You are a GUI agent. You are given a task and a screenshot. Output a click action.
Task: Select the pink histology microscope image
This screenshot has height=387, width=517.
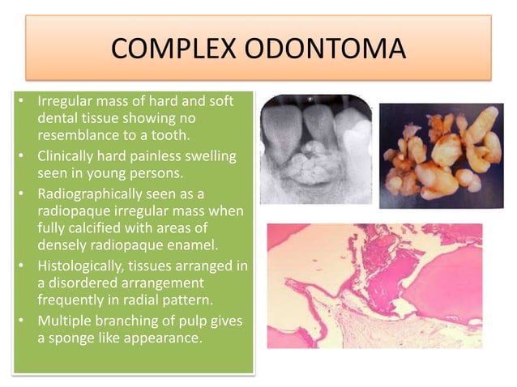pyautogui.click(x=374, y=285)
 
